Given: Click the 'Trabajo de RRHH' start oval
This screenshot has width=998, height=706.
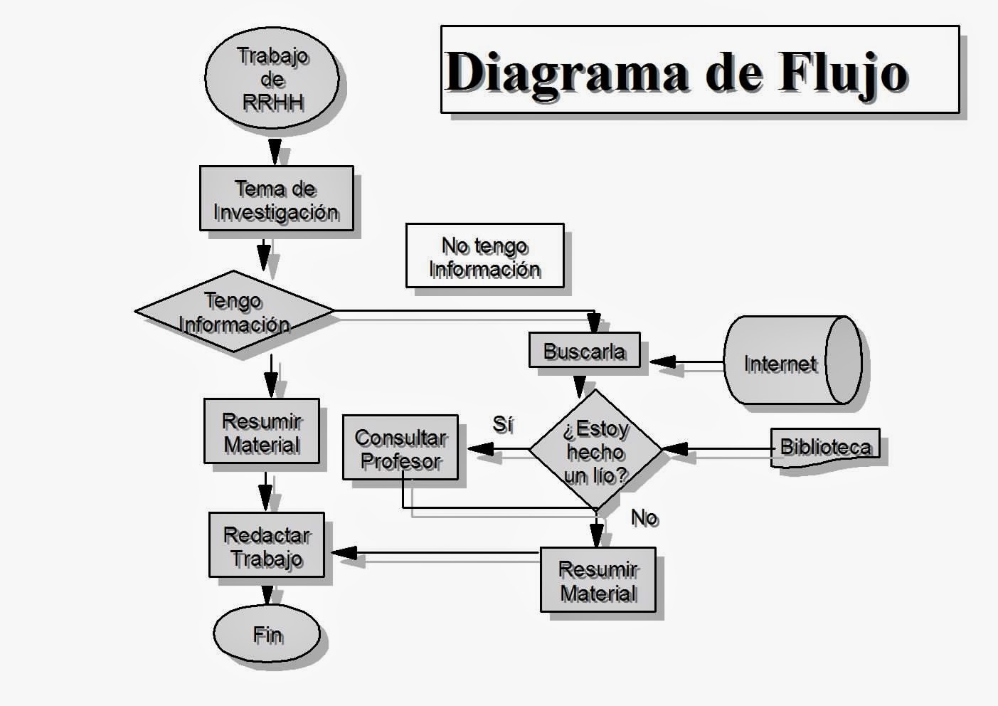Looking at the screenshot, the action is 272,78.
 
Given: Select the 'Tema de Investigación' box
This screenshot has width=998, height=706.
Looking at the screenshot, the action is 277,199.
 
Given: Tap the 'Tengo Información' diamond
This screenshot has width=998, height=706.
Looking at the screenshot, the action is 234,311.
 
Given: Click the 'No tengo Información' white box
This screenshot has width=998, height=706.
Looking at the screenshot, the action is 484,255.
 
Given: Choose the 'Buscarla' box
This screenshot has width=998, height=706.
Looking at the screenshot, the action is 585,350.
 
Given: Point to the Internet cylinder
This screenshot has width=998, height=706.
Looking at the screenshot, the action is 793,360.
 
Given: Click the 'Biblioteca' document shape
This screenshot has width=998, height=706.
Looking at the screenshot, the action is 825,448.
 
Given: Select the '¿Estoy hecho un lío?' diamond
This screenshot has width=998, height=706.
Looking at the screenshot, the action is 595,449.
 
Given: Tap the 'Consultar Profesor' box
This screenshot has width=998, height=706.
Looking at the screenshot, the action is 400,448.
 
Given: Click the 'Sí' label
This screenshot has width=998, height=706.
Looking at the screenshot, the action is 503,424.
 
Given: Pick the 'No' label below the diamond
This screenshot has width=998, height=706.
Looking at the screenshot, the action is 644,518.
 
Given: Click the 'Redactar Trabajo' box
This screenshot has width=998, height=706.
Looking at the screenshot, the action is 267,544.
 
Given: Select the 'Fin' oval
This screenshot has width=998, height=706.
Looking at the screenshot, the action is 267,633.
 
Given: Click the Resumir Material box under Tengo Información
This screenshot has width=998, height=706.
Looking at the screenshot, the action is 262,431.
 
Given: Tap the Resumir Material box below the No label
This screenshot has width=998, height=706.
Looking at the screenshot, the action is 598,579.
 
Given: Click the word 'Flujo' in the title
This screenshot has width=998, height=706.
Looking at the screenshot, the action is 843,72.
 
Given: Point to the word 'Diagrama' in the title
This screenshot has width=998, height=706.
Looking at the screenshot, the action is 567,73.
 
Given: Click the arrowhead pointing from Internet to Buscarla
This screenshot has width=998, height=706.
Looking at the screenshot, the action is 664,362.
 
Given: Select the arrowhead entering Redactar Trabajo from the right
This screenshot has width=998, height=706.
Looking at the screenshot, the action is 344,553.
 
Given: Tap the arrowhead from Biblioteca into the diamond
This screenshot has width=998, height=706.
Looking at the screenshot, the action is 675,449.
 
